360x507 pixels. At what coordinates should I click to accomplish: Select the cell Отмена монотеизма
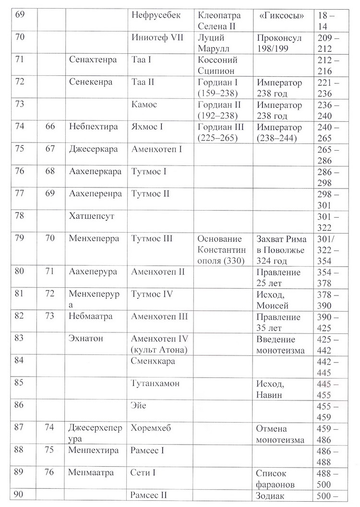(280, 434)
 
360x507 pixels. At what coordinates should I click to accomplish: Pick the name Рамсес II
(151, 496)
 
